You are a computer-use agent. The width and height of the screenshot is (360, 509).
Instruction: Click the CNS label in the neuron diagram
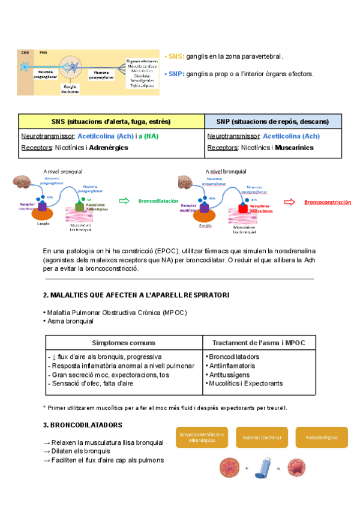(x=25, y=53)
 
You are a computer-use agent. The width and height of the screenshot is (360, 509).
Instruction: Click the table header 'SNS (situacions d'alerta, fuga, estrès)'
(x=111, y=121)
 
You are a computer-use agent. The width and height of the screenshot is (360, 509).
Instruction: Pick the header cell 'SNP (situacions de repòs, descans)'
(x=272, y=121)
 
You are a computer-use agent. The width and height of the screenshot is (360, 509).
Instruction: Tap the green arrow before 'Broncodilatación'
(x=125, y=201)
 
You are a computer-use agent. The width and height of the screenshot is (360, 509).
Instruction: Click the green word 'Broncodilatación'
(x=158, y=201)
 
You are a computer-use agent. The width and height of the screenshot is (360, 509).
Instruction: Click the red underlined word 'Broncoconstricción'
(x=328, y=202)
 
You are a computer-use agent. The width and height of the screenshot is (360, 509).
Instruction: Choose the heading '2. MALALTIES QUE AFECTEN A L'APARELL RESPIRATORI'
(x=136, y=295)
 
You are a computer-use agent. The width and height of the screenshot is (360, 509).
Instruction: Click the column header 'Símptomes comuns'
(x=124, y=343)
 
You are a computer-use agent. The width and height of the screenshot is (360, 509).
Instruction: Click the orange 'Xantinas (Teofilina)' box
(x=262, y=438)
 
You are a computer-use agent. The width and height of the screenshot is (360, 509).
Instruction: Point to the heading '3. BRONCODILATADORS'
(x=83, y=425)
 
